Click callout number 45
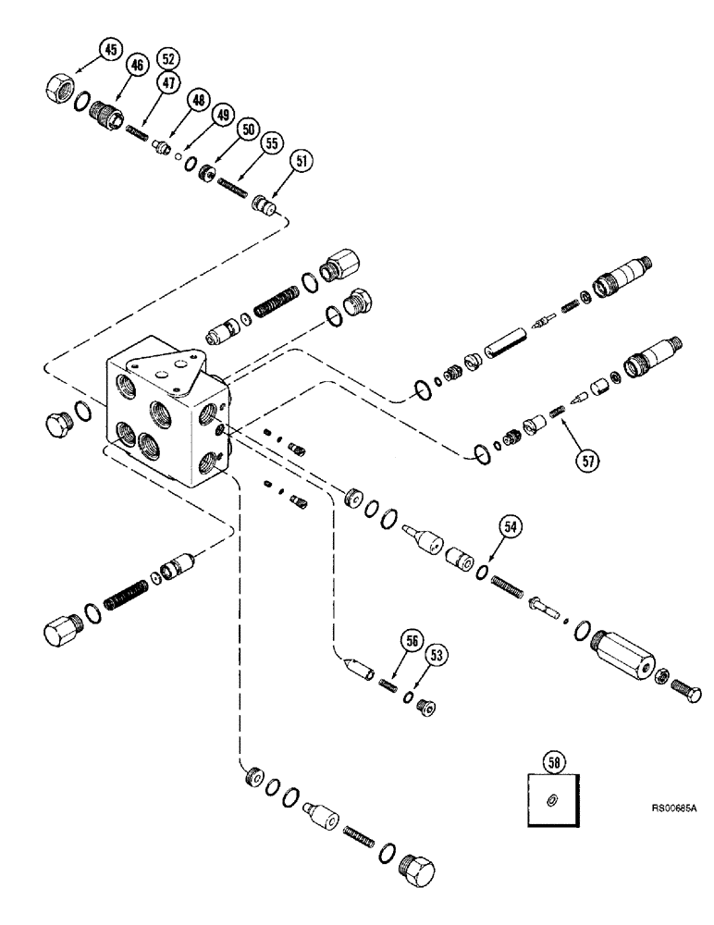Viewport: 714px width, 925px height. pyautogui.click(x=110, y=50)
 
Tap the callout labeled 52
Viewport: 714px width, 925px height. pyautogui.click(x=167, y=57)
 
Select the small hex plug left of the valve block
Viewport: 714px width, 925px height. pyautogui.click(x=57, y=423)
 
